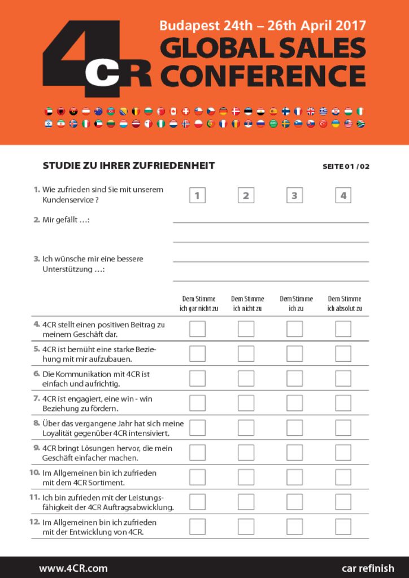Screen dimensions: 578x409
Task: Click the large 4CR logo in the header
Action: (96, 59)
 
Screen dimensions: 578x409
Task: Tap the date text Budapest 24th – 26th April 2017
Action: (263, 25)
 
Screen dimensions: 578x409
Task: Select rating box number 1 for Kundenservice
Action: (197, 196)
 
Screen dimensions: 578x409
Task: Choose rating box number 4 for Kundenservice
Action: (343, 196)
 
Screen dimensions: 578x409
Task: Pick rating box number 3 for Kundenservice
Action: (294, 196)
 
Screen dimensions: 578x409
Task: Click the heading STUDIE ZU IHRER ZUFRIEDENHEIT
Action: (129, 165)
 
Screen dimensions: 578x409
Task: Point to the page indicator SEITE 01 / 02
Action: (346, 167)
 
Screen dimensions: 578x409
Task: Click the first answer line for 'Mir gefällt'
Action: (271, 222)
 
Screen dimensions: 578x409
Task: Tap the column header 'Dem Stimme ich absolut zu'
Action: (345, 304)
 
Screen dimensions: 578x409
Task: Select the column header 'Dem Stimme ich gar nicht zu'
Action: (199, 304)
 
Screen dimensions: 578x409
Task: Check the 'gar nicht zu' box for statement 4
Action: (197, 329)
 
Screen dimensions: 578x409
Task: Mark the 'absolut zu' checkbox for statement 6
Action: (343, 378)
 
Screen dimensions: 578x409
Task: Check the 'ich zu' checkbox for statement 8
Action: (294, 428)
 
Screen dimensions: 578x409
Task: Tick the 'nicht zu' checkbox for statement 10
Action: (246, 477)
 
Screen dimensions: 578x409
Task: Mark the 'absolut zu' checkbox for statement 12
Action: (343, 526)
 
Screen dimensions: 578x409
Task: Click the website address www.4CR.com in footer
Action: (73, 568)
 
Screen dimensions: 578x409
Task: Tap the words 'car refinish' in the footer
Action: (368, 568)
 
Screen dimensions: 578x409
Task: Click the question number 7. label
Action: (36, 399)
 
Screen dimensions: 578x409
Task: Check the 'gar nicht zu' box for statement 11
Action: (197, 502)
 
